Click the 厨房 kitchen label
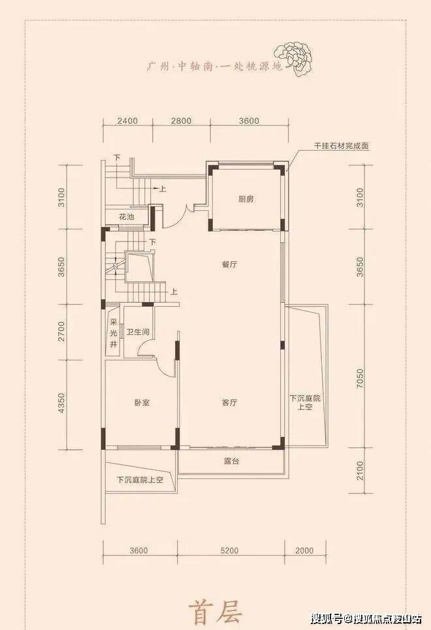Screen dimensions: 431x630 246,199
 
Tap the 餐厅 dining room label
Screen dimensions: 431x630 229,264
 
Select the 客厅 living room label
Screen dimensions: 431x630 229,403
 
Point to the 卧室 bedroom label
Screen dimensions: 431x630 142,403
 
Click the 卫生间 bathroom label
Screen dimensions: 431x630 138,332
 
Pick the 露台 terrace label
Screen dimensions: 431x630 232,462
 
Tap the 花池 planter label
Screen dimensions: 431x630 126,217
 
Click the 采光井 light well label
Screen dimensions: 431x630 114,333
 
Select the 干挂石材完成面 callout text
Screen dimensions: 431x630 342,146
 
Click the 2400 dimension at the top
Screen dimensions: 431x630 128,121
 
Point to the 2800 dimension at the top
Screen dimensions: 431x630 182,121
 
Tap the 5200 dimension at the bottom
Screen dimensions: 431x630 229,550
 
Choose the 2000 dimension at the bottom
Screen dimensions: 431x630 304,550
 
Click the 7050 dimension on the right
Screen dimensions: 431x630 360,378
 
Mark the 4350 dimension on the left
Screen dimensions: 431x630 61,403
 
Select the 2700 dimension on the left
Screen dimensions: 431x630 61,332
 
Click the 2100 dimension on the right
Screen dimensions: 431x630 360,470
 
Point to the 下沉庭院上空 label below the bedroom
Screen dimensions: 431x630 140,479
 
